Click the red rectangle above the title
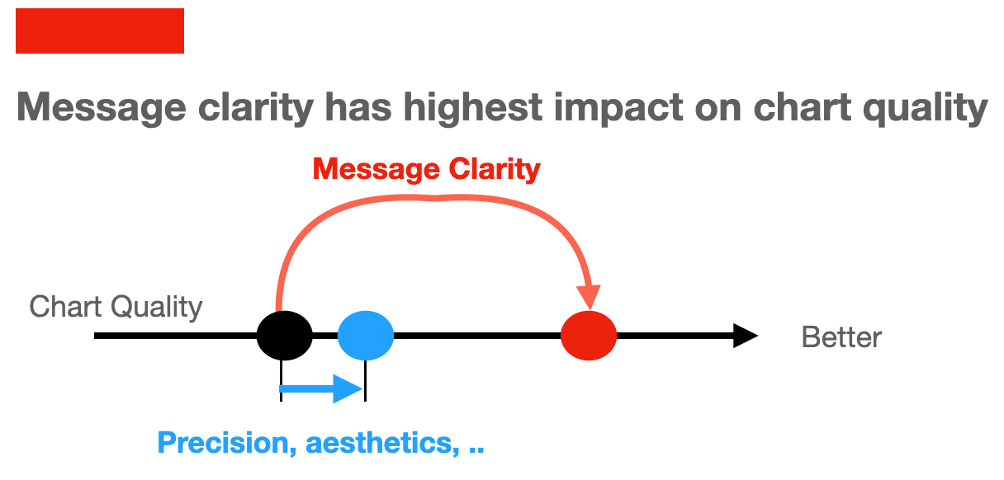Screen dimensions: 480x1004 [100, 31]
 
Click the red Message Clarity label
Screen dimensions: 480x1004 [427, 169]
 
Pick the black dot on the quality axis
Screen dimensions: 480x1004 [285, 336]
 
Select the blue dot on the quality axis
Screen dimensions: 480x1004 [366, 336]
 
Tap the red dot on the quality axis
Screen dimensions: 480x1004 [589, 336]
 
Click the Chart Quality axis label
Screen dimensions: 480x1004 [116, 308]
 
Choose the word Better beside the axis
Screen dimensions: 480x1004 [841, 337]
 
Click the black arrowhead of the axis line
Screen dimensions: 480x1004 [745, 336]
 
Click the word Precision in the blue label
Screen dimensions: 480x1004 [221, 444]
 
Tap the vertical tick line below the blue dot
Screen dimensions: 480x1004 [365, 381]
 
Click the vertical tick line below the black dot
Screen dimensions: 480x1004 [281, 381]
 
